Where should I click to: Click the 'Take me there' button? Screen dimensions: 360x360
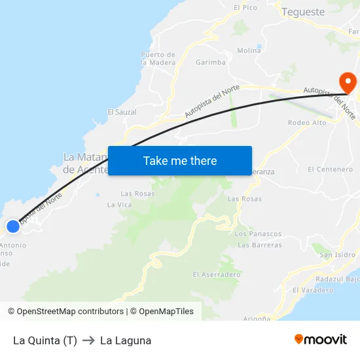pos(180,160)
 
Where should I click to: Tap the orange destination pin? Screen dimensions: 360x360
pos(347,83)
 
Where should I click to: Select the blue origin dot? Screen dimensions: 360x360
pos(13,226)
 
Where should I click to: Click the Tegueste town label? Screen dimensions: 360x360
pos(302,12)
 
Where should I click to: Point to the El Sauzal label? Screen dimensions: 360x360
pos(122,112)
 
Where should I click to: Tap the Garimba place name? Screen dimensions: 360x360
pos(211,63)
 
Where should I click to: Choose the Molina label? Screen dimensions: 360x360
pos(249,50)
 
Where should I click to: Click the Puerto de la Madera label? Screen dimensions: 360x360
pos(158,58)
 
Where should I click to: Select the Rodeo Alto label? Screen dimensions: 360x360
pos(307,123)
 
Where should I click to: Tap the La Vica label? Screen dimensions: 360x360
pos(120,205)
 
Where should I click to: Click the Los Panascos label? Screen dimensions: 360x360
pos(258,234)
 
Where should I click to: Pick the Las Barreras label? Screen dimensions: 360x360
pos(260,245)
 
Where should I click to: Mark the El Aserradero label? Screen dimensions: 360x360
pos(217,275)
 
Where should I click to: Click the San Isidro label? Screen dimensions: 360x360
pos(338,255)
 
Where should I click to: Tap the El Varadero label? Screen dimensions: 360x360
pos(313,290)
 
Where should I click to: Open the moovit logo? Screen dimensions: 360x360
pos(321,340)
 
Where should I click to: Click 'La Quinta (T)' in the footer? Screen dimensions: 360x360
pos(45,340)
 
